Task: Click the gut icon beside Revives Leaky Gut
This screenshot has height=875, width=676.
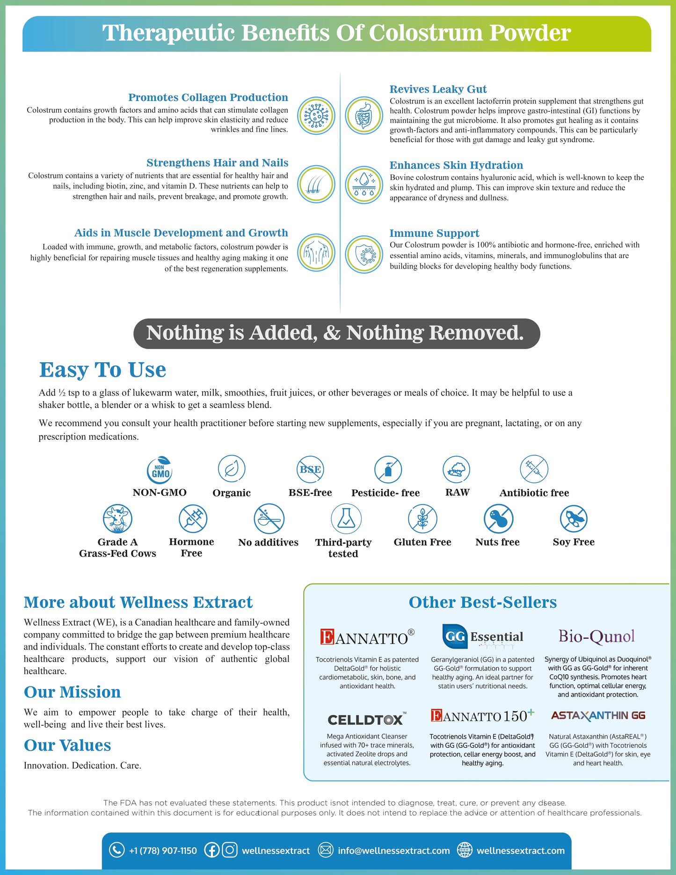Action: point(363,115)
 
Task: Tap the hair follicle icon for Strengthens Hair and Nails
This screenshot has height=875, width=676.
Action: point(316,184)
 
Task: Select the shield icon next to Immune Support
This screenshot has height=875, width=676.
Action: point(363,254)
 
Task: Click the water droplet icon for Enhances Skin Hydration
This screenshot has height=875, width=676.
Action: point(363,184)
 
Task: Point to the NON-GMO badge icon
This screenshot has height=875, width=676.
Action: point(160,470)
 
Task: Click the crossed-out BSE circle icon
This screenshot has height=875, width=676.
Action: point(310,469)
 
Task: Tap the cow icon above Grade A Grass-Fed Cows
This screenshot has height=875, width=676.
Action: point(117,519)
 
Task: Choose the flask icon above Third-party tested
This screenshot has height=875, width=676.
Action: point(346,519)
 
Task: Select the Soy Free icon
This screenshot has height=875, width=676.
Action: point(574,519)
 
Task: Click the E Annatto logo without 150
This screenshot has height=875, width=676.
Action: point(367,637)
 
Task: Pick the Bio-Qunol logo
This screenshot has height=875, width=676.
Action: point(596,636)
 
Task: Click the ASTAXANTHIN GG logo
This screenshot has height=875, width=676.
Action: point(598,715)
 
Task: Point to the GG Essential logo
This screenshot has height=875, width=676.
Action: point(482,637)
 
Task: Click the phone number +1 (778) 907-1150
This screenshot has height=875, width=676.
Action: point(163,850)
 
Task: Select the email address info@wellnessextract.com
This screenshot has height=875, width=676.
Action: point(393,850)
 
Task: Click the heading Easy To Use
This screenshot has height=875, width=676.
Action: point(102,370)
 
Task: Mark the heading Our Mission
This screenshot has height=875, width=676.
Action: point(73,692)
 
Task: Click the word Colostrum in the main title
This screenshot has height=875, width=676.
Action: point(426,33)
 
